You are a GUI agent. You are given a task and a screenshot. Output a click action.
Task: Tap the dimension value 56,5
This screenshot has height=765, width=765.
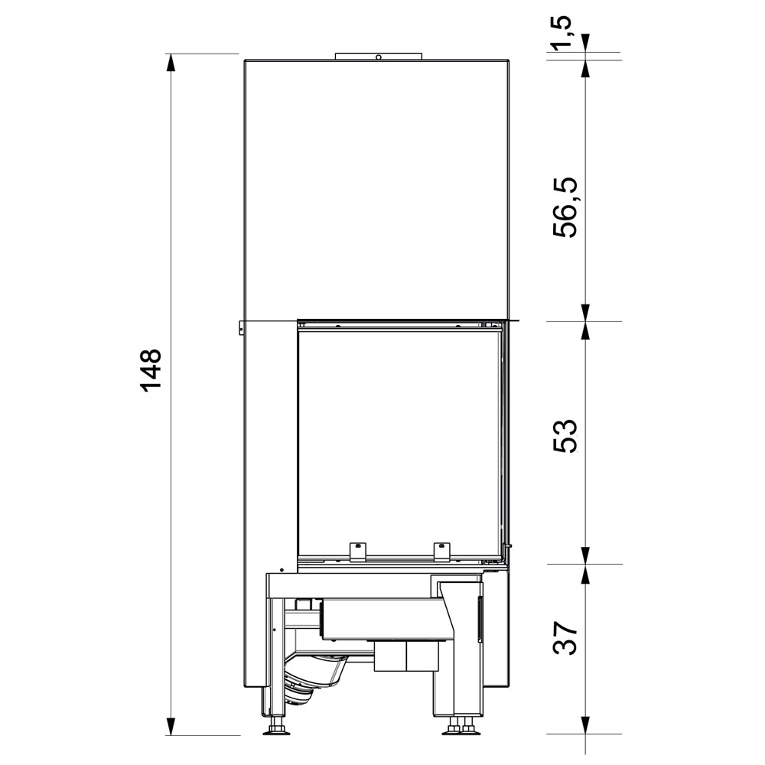[x=565, y=207]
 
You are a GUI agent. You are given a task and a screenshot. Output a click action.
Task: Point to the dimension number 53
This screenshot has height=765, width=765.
[x=565, y=436]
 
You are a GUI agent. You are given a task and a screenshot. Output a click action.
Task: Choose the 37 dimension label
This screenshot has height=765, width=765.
[x=565, y=637]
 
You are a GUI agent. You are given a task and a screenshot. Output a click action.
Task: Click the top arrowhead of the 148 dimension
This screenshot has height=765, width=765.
[x=171, y=63]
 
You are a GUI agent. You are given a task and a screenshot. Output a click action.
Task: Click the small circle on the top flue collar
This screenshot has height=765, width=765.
[x=378, y=57]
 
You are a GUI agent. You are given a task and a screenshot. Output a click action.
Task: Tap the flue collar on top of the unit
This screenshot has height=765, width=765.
[x=378, y=56]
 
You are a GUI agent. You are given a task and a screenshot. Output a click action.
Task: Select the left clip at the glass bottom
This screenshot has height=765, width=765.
[x=357, y=551]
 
